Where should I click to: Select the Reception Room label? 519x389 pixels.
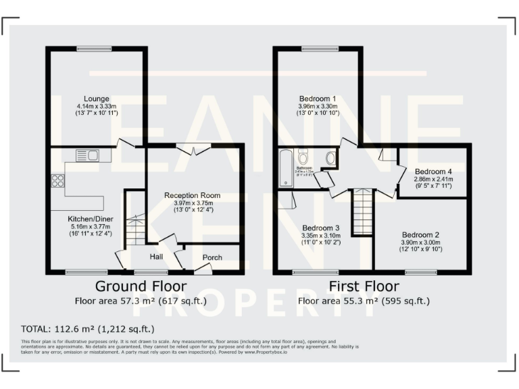[x=193, y=195]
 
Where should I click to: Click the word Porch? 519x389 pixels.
[x=212, y=257]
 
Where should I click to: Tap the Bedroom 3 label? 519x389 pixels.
[x=321, y=228]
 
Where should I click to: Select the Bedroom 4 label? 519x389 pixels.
[x=433, y=171]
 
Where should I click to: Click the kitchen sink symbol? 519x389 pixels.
[x=88, y=155]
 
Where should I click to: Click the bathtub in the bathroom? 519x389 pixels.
[x=285, y=169]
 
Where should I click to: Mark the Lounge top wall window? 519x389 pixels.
[x=94, y=48]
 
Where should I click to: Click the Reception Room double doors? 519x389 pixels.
[x=193, y=150]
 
